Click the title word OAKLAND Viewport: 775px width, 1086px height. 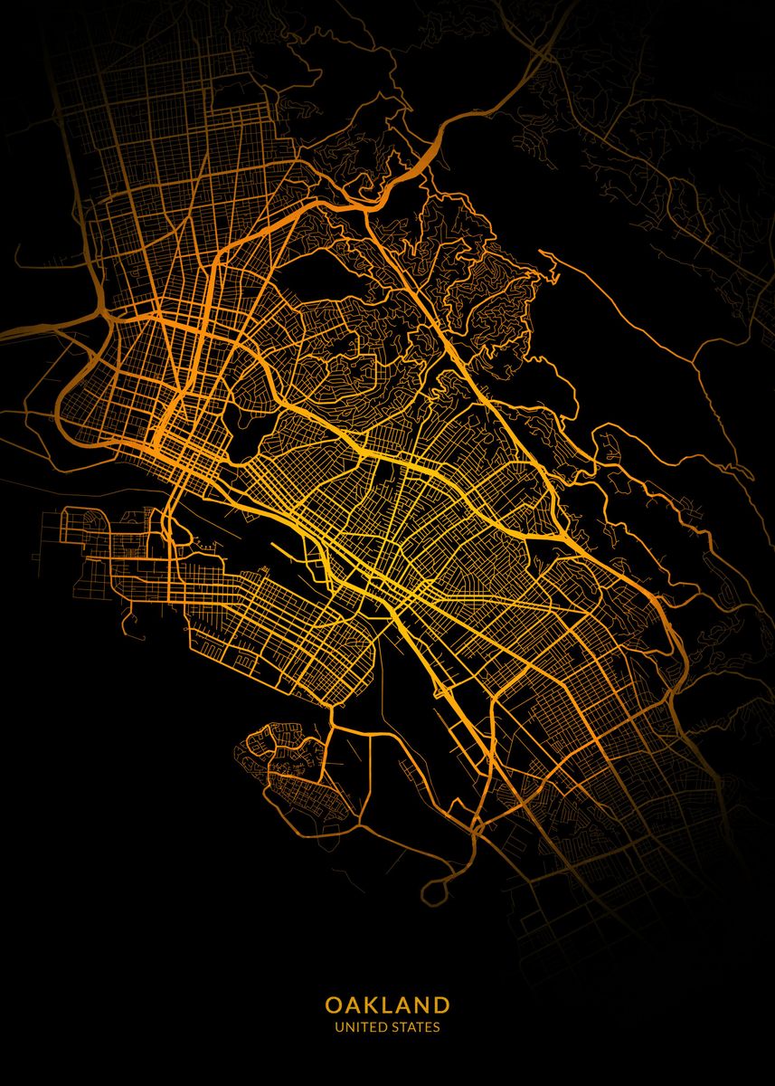pos(387,1005)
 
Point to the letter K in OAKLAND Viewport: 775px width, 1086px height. pos(372,1005)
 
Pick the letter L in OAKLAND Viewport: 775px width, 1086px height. pos(390,1005)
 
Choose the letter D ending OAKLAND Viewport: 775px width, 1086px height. pos(441,1005)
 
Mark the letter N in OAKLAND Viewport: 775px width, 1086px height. pos(423,1005)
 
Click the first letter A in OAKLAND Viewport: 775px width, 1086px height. pos(353,1005)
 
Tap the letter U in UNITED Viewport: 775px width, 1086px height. pos(338,1027)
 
